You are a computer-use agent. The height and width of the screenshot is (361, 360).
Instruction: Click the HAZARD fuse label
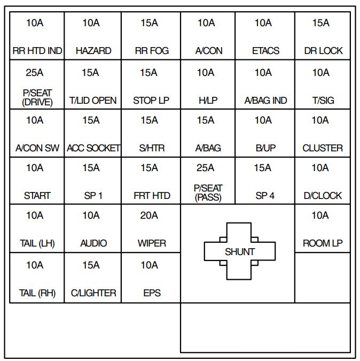click(x=93, y=51)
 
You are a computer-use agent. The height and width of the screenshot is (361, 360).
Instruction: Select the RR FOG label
click(x=152, y=51)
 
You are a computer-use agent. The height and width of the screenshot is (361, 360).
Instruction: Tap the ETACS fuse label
click(x=265, y=51)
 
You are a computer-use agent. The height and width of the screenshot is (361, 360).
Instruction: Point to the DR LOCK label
click(x=323, y=51)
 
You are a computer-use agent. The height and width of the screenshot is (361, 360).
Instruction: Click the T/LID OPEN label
click(x=93, y=100)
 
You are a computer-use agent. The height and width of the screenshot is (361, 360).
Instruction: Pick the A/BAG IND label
click(x=265, y=100)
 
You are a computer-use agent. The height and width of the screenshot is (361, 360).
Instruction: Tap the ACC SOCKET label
click(x=93, y=148)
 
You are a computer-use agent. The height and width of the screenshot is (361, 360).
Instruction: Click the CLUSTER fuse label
click(x=323, y=148)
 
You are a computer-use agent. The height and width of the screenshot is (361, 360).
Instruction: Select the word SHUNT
click(x=240, y=251)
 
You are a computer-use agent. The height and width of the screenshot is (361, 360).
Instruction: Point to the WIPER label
click(x=152, y=243)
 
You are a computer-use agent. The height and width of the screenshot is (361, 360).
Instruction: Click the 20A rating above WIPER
click(x=150, y=216)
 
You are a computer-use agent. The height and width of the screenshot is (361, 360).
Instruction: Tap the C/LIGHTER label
click(x=93, y=293)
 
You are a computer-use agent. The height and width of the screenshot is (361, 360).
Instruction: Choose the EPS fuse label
click(x=152, y=293)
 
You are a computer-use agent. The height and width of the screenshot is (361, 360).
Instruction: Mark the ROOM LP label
click(x=323, y=243)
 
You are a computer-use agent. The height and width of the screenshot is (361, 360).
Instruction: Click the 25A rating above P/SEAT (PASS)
click(x=206, y=168)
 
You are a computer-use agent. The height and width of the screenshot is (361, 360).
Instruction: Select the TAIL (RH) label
click(x=37, y=293)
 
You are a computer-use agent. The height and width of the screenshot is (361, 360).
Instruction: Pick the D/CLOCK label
click(x=323, y=196)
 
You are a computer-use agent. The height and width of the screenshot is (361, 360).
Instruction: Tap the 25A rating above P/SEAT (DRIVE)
click(x=35, y=72)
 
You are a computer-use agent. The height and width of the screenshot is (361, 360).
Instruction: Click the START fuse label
click(x=37, y=196)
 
